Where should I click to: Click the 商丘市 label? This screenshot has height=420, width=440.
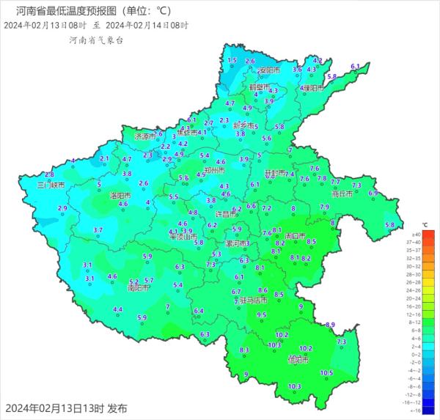(x=342, y=195)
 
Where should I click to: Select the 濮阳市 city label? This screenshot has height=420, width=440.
(x=312, y=88)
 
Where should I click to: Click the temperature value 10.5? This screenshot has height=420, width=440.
(x=326, y=373)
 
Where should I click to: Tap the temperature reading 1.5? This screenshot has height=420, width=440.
(x=232, y=60)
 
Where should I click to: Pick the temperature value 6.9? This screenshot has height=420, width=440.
(x=373, y=193)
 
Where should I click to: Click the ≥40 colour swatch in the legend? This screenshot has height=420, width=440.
(x=428, y=234)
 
